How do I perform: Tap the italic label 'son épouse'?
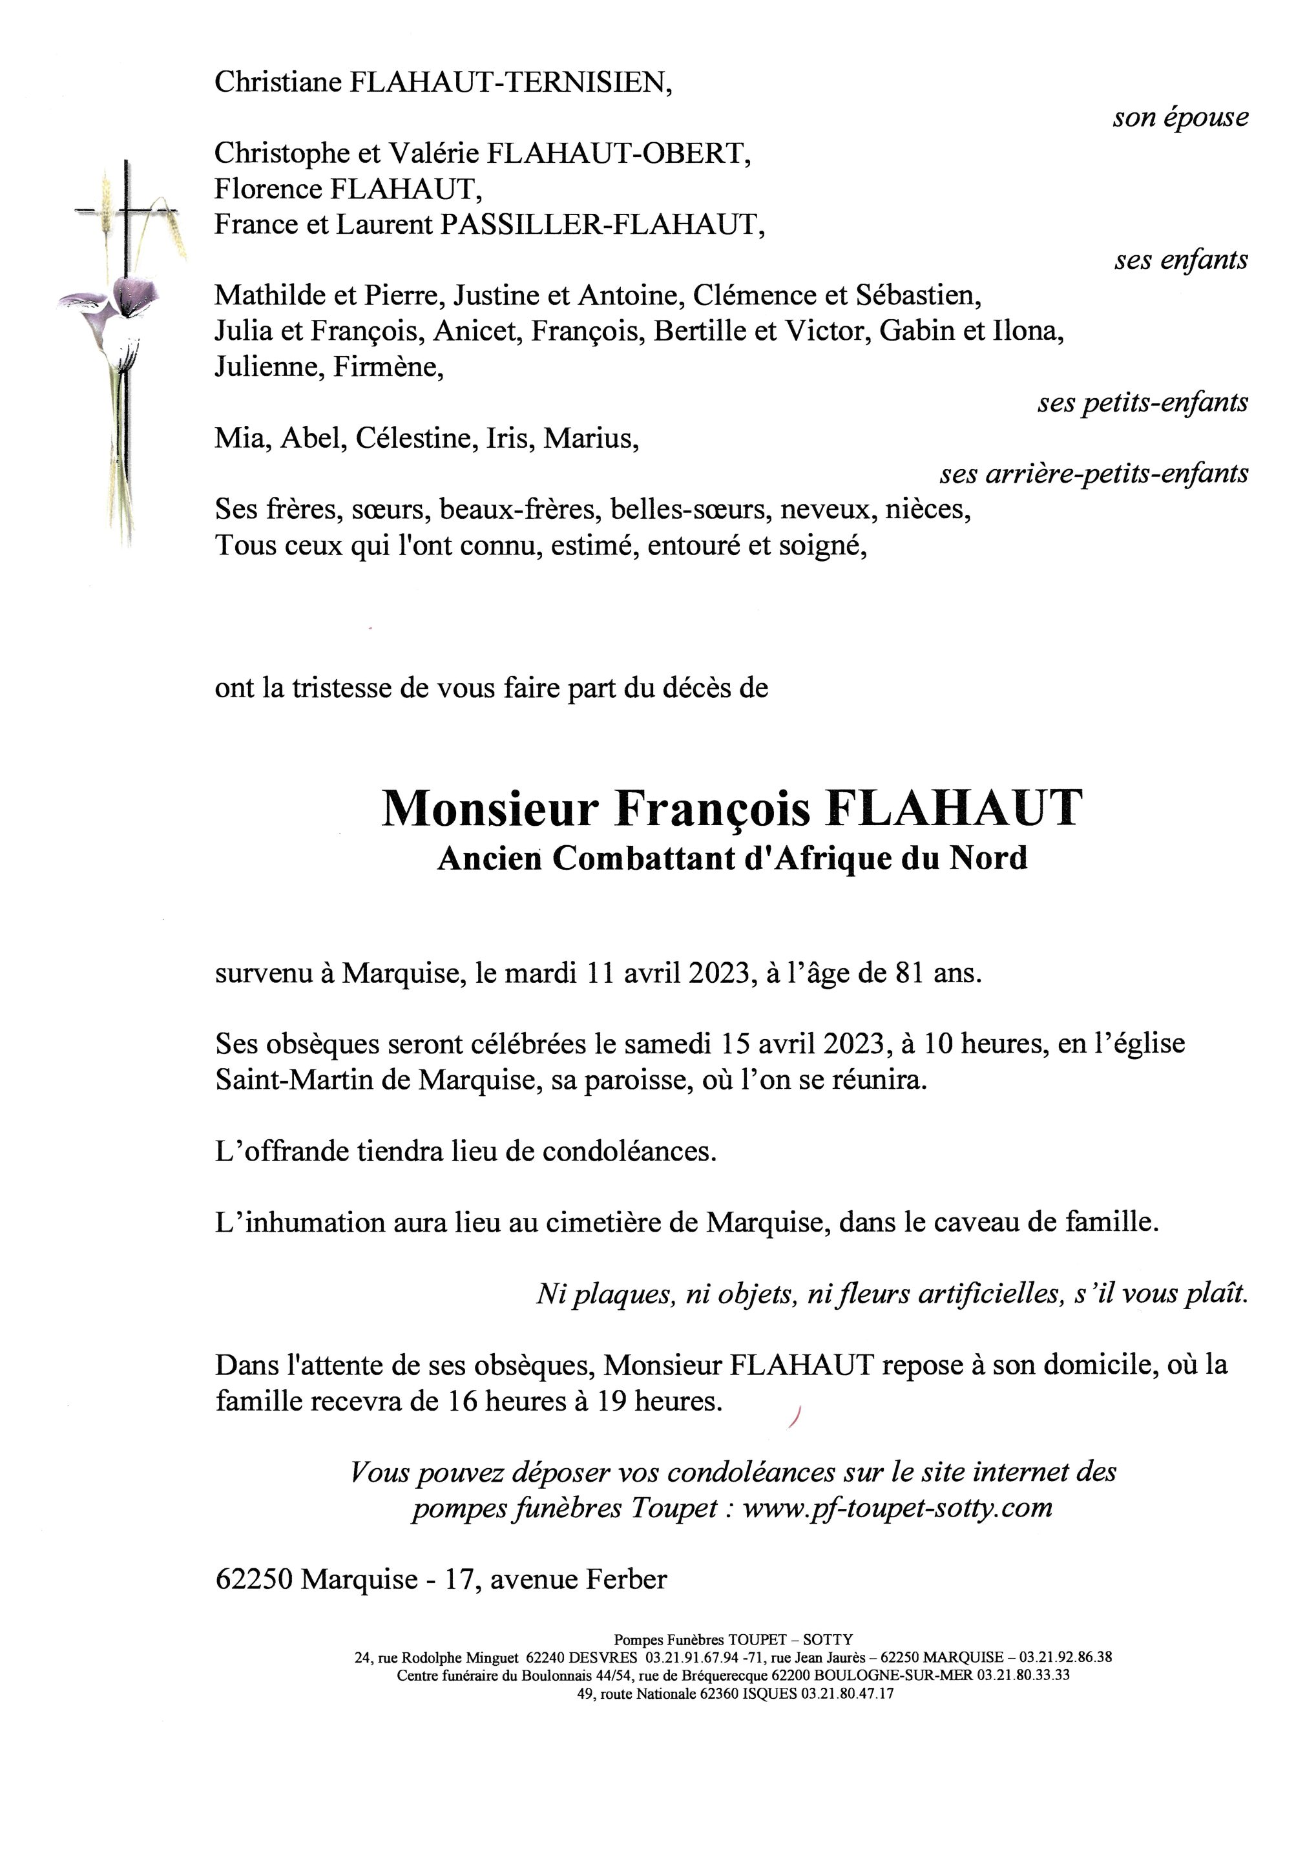tap(1180, 118)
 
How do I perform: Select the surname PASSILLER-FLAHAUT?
tap(601, 224)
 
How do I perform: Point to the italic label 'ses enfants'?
tap(1181, 260)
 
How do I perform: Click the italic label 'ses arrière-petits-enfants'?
tap(1093, 474)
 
